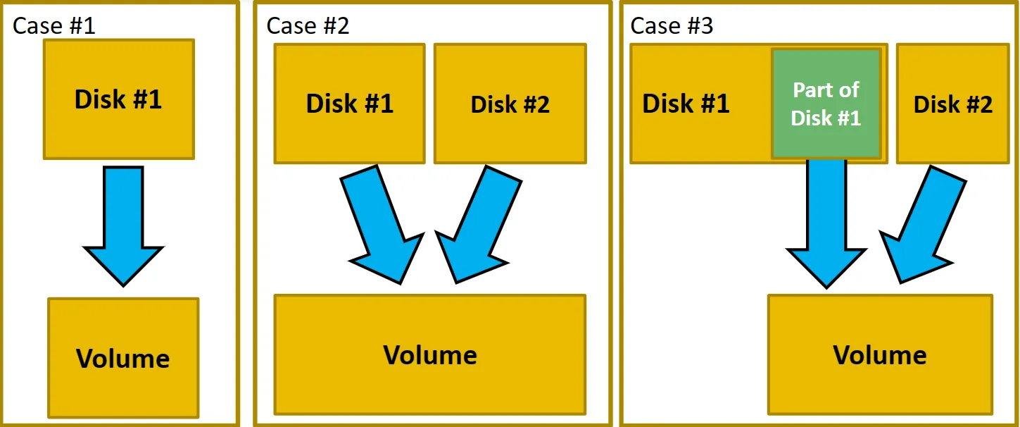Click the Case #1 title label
pos(53,26)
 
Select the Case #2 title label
pos(308,26)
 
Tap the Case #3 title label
pos(672,26)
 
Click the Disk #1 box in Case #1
pos(118,99)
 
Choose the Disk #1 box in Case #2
pos(349,104)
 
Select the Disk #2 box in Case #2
pos(510,104)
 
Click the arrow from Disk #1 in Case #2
pos(380,222)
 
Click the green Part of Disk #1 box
pos(826,103)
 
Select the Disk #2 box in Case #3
pos(952,104)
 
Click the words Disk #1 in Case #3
pos(686,104)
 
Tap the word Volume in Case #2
pos(429,354)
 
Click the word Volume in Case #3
pos(880,354)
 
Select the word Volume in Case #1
pos(123,359)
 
